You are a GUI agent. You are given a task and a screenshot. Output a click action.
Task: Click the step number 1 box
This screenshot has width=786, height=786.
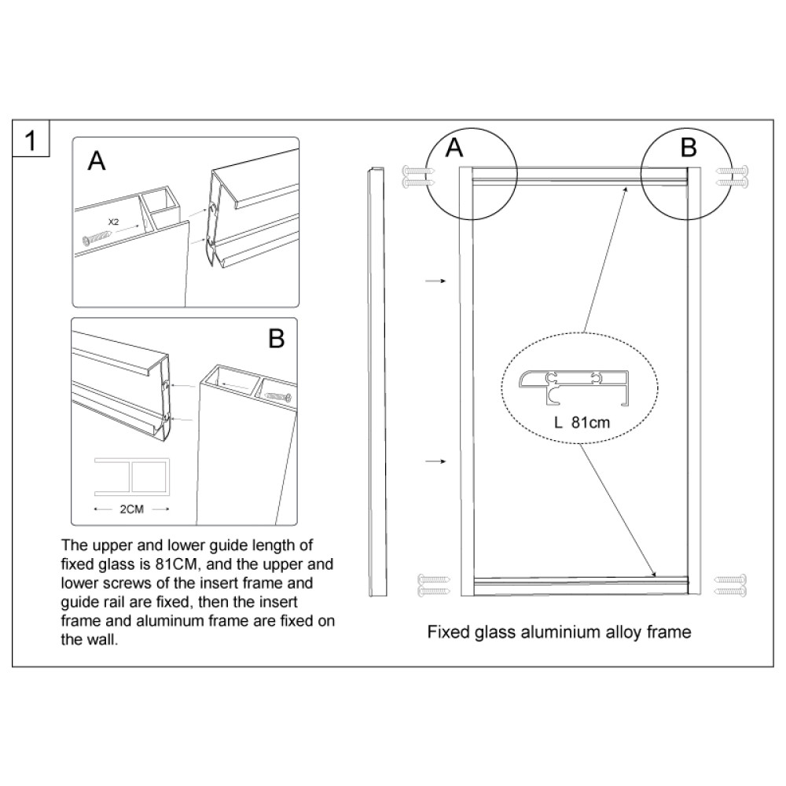pos(31,138)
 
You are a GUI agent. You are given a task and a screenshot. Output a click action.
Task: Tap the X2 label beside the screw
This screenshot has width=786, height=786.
pos(113,222)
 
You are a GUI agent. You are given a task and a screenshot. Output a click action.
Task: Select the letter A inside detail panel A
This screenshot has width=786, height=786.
pos(97,161)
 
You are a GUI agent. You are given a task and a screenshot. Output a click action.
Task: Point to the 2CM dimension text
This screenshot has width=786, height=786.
pos(132,509)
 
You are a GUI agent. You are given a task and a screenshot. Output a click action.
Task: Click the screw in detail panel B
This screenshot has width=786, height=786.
pos(277,396)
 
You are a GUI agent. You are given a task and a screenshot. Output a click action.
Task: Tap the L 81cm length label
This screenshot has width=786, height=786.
pos(582,423)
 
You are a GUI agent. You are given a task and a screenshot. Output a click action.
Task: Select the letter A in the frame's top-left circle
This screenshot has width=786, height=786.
pos(454,148)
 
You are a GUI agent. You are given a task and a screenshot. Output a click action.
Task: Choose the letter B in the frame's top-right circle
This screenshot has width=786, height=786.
pos(689,148)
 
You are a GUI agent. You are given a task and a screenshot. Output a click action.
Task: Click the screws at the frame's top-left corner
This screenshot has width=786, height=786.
pos(419,176)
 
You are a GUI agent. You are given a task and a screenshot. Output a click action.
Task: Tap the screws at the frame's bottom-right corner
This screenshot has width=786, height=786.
pos(730,585)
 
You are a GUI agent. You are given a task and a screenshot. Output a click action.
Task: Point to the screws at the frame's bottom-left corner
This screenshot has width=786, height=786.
pos(434,585)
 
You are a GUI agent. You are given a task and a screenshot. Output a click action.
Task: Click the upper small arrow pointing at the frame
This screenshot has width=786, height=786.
pos(435,281)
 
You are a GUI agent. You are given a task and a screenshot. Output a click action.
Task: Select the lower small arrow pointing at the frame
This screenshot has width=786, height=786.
pos(435,461)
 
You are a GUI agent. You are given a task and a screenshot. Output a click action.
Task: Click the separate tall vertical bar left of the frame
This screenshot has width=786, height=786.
pos(377,382)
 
